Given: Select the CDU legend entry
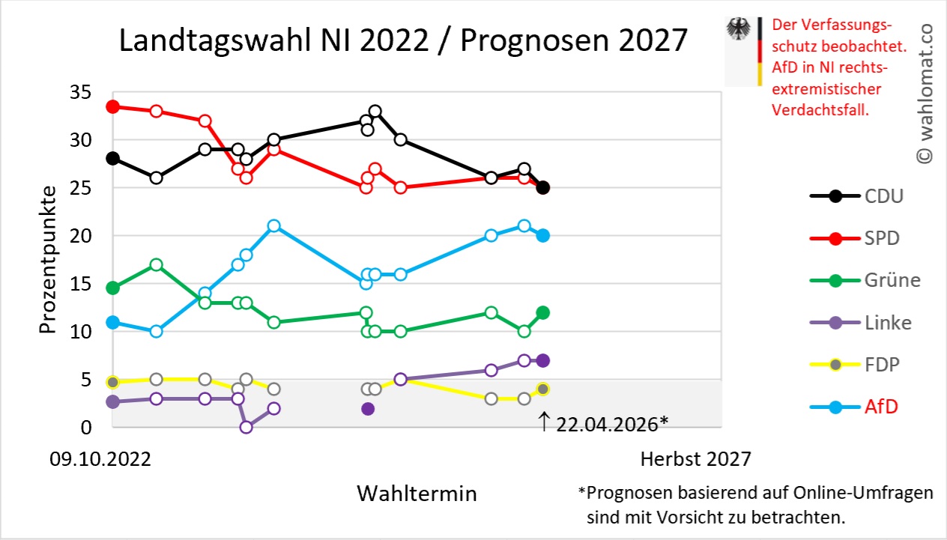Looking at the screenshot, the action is [857, 196].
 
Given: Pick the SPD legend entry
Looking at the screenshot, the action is [855, 238].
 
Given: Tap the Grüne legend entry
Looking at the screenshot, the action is [865, 281].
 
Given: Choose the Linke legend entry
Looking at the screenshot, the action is [861, 323].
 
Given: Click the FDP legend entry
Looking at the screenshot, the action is [855, 365].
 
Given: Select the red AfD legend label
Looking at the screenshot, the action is [881, 407].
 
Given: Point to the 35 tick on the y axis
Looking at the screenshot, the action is [80, 92].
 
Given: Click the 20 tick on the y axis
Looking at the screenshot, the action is [80, 236].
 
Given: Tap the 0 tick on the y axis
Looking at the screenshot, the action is [86, 428].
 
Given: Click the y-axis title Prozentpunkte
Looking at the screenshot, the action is [47, 260].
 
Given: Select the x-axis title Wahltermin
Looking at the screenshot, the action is [417, 493].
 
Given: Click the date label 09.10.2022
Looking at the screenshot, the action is [100, 459].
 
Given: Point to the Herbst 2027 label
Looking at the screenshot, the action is [695, 459].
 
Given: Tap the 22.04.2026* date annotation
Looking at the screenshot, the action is [612, 425].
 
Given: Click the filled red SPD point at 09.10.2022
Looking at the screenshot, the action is [113, 107].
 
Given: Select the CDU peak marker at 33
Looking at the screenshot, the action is [375, 112].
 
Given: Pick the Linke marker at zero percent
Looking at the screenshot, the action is [246, 427].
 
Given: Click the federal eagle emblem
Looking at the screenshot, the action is [738, 28].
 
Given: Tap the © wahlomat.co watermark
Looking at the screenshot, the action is [925, 94].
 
